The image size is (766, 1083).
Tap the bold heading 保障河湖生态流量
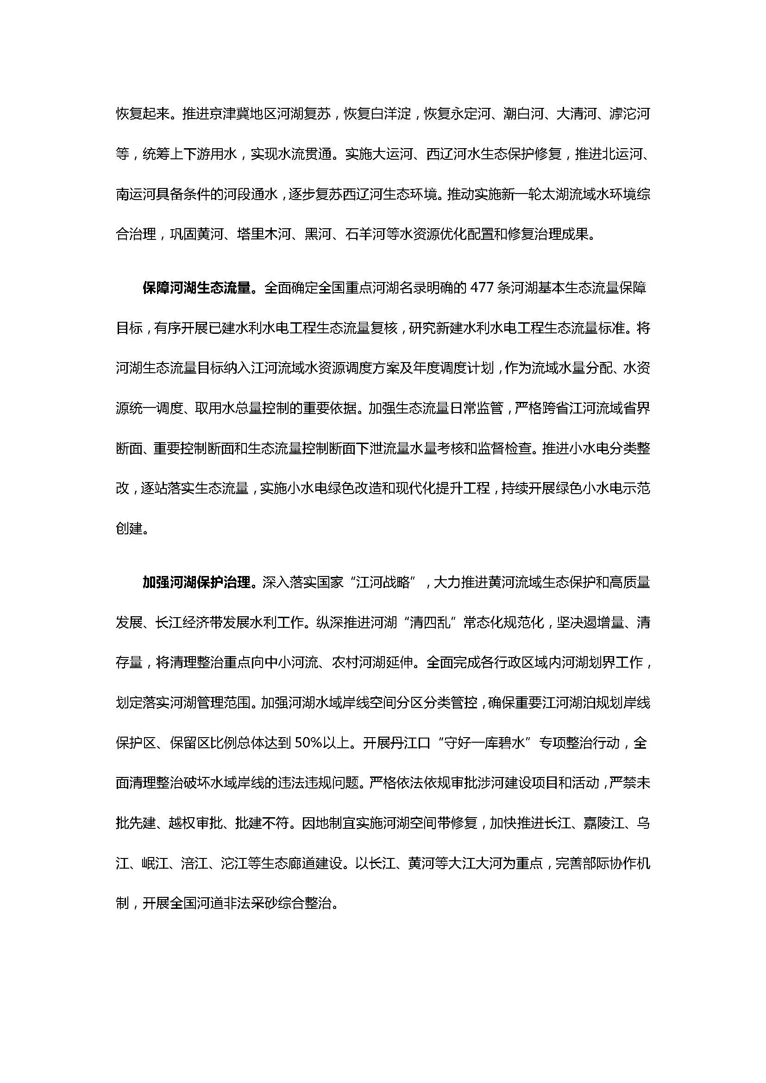pyautogui.click(x=196, y=288)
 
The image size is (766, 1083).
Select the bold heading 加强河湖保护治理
pyautogui.click(x=196, y=583)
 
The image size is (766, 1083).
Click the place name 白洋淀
pyautogui.click(x=391, y=114)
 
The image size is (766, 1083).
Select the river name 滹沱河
pyautogui.click(x=630, y=114)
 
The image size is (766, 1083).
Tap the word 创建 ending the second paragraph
pyautogui.click(x=129, y=529)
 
